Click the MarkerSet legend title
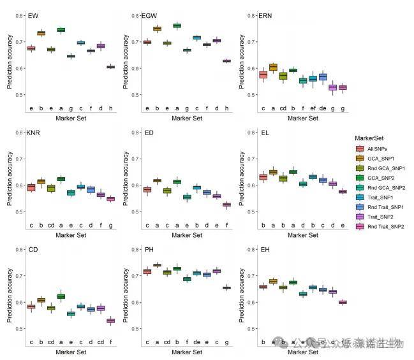tap(371, 137)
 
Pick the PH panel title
tap(148, 250)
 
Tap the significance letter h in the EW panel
tap(110, 109)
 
